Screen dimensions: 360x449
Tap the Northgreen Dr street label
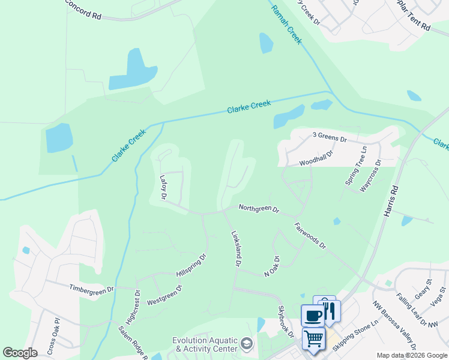259,209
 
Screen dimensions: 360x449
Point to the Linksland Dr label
235,248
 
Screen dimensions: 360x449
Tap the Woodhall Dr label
316,158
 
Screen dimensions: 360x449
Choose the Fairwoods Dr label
310,236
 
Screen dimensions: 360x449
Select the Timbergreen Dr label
91,289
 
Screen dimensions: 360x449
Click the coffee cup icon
312,314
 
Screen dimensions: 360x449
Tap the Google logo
20,353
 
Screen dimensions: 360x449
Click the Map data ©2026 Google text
411,356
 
